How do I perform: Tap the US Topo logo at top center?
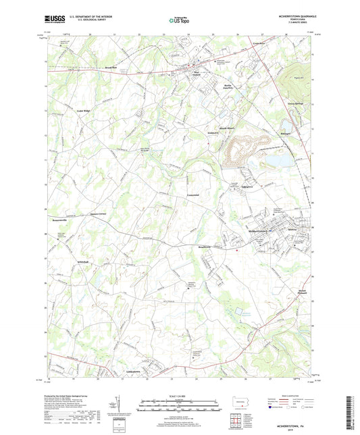pos(177,21)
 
